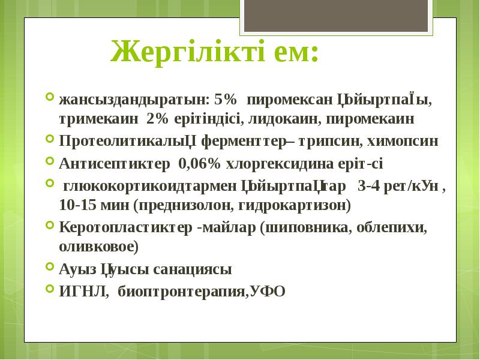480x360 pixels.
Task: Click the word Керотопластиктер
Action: (126, 228)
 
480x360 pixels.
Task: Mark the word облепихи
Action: (392, 228)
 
